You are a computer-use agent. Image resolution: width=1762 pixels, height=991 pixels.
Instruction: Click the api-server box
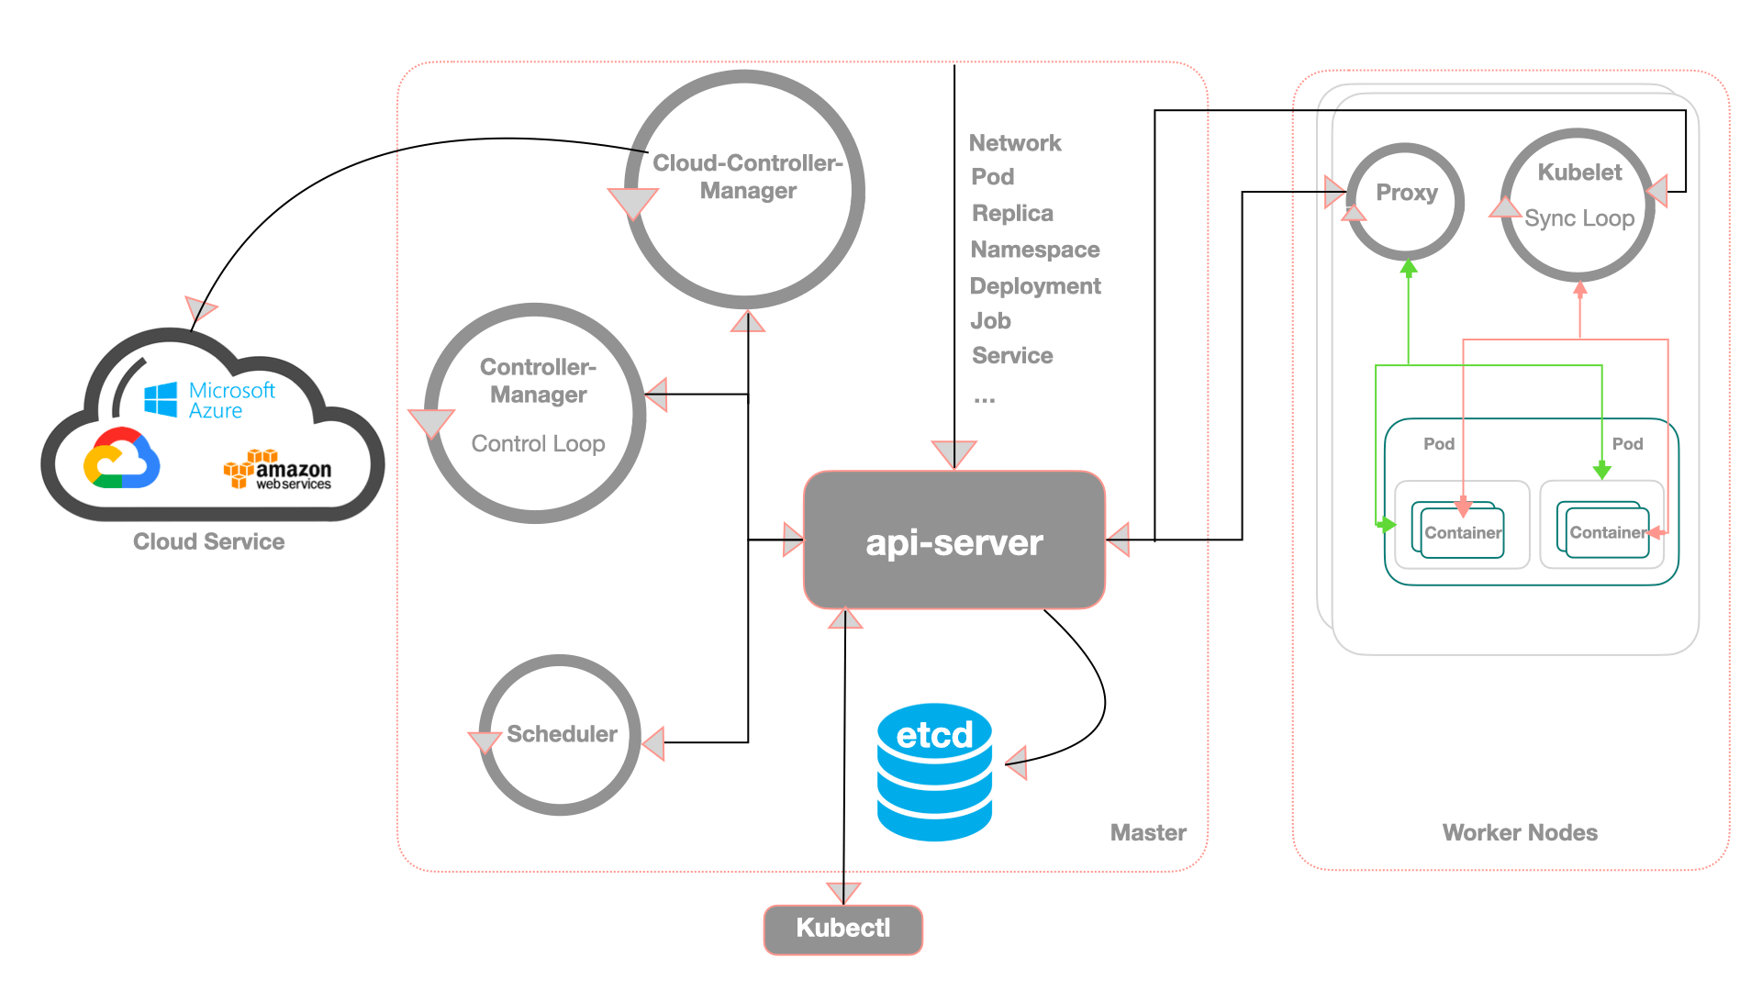[954, 540]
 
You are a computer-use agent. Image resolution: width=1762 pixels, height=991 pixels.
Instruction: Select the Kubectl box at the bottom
[842, 929]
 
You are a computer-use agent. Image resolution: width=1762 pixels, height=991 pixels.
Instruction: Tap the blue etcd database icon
[934, 773]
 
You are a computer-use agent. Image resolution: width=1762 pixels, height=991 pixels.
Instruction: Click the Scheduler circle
[560, 735]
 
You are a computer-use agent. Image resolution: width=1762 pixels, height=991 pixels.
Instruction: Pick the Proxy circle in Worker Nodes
[1405, 201]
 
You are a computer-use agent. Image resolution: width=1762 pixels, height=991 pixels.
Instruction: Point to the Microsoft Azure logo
[210, 400]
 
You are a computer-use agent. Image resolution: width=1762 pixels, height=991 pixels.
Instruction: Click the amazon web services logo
[277, 470]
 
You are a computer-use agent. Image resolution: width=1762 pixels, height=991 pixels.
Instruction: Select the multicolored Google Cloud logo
[122, 458]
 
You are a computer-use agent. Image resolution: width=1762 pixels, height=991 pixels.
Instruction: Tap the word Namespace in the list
[1035, 250]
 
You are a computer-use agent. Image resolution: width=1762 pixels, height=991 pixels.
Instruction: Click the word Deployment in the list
[1035, 286]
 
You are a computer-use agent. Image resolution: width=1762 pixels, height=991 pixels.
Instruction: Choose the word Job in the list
[990, 321]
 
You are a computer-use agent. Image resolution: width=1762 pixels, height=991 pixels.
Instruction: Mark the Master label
[1148, 832]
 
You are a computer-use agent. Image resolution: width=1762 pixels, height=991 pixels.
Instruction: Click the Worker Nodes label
[1520, 832]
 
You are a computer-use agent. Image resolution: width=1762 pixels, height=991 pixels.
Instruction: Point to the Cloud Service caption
[208, 541]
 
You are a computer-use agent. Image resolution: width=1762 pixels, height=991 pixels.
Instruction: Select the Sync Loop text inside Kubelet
[1579, 218]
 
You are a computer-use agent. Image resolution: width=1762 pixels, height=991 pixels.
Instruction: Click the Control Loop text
[538, 444]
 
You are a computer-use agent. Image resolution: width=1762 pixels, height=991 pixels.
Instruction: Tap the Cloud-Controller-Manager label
[748, 177]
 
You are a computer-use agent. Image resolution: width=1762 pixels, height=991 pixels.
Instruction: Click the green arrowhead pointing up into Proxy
[1409, 268]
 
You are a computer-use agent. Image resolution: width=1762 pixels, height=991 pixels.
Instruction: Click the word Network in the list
[1015, 143]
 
